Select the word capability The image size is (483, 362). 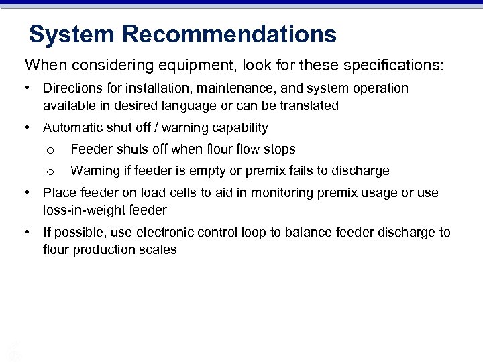tap(239, 127)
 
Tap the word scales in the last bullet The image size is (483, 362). tap(160, 249)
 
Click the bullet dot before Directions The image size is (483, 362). tap(27, 88)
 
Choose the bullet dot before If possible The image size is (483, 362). tap(27, 233)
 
